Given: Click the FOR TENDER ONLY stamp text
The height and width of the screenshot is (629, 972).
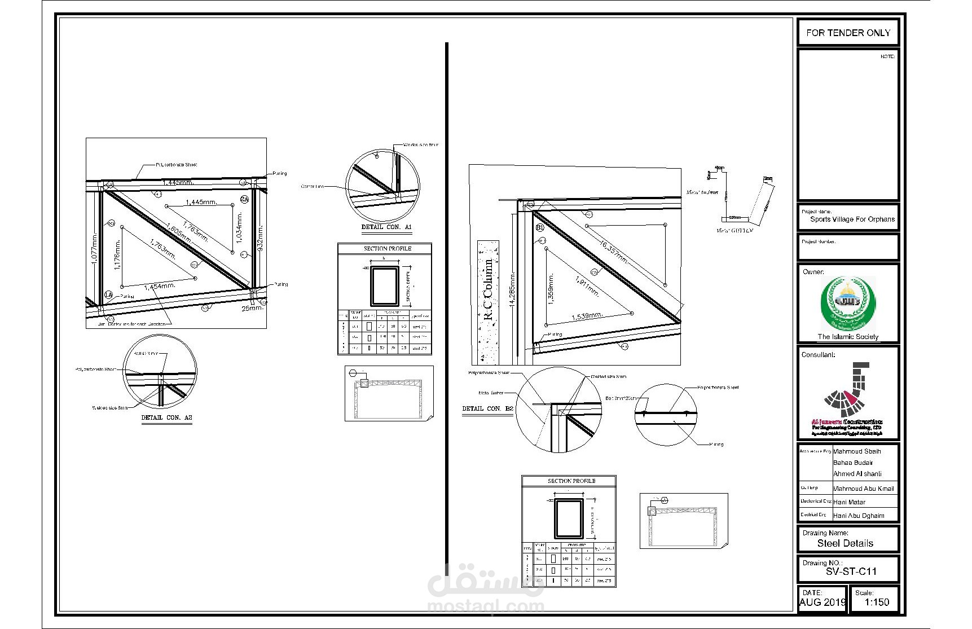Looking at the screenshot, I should point(848,33).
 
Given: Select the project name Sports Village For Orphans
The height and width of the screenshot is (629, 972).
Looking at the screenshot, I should point(852,219).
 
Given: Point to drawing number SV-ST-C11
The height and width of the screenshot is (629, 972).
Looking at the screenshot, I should point(851,571).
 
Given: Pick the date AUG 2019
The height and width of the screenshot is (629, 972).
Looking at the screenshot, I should point(823,602).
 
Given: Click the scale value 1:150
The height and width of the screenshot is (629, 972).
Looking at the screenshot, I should point(877,602).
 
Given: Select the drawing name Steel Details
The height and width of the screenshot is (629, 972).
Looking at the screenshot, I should point(845,543).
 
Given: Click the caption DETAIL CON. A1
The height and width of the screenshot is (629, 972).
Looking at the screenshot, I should point(386,227).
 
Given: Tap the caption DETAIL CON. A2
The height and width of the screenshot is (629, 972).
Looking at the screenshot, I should point(166,417).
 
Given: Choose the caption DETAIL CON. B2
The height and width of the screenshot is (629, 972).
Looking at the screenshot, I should point(488,408).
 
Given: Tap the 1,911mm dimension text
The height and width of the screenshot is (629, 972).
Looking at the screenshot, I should point(587,287).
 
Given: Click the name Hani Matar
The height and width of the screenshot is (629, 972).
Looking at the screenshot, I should point(849,502).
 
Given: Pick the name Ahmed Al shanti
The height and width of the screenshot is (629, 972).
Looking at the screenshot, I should point(857,474).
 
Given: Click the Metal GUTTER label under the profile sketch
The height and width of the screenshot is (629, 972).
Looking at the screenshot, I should point(735,230).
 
